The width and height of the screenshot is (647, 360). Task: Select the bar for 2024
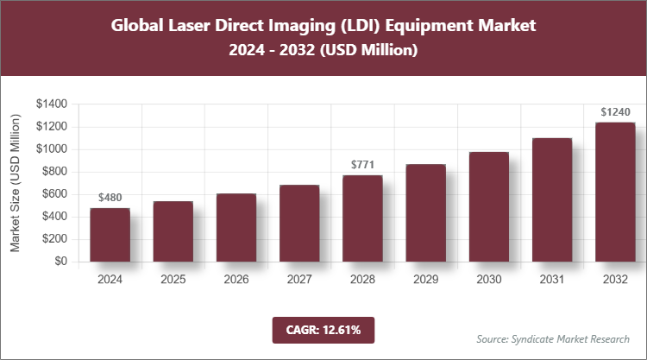(x=110, y=235)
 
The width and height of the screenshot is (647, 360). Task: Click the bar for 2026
(x=236, y=228)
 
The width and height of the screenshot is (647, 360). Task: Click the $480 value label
(x=110, y=198)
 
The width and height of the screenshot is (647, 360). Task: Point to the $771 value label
(x=362, y=164)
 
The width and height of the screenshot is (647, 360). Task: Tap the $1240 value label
(x=615, y=111)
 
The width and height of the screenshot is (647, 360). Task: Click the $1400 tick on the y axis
(x=52, y=104)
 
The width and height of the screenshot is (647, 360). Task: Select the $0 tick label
(x=60, y=261)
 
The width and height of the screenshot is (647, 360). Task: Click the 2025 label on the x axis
(x=173, y=280)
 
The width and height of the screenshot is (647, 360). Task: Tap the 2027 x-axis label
(x=298, y=280)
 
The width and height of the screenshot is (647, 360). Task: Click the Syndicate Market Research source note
(x=553, y=338)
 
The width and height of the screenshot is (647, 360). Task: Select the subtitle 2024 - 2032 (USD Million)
(x=323, y=51)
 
